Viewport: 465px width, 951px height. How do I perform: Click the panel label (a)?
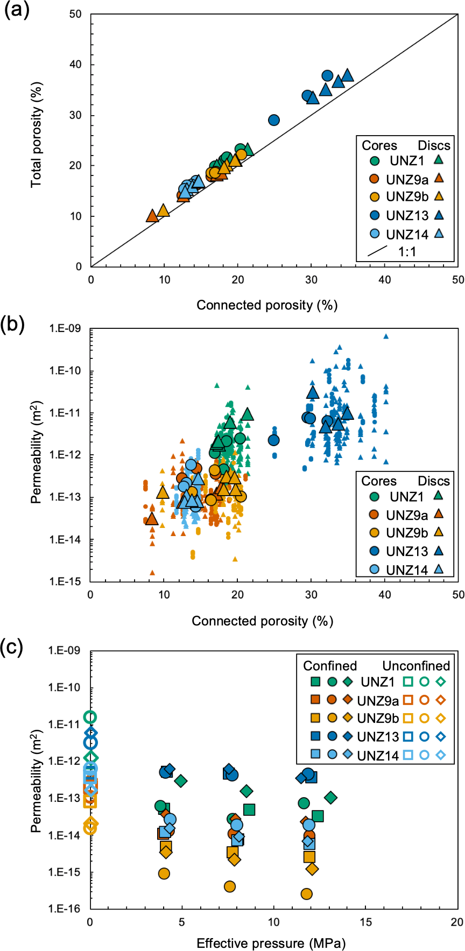(x=16, y=11)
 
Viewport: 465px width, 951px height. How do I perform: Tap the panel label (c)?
(x=16, y=646)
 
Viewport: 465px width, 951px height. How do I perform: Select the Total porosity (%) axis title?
(x=36, y=135)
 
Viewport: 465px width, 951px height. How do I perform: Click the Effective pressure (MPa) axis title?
(x=271, y=943)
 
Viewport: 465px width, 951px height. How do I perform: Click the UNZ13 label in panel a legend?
(x=407, y=215)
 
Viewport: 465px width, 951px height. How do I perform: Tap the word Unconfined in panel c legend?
(x=416, y=666)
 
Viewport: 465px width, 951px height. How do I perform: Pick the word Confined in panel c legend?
(x=330, y=666)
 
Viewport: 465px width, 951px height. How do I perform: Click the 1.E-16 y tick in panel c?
(x=65, y=909)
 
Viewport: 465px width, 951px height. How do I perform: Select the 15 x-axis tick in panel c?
(x=365, y=921)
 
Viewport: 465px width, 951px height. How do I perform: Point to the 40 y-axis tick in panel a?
(x=75, y=65)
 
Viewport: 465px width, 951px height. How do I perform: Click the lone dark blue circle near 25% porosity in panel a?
(x=274, y=120)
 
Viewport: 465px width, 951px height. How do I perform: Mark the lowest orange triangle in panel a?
(x=152, y=216)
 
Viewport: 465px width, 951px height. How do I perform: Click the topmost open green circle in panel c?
(x=90, y=717)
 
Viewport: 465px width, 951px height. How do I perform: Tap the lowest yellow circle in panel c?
(x=306, y=894)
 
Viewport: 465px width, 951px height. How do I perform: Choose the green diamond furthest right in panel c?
(x=331, y=797)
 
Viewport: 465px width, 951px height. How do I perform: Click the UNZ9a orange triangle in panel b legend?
(x=439, y=513)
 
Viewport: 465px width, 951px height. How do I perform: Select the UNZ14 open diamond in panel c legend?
(x=441, y=756)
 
